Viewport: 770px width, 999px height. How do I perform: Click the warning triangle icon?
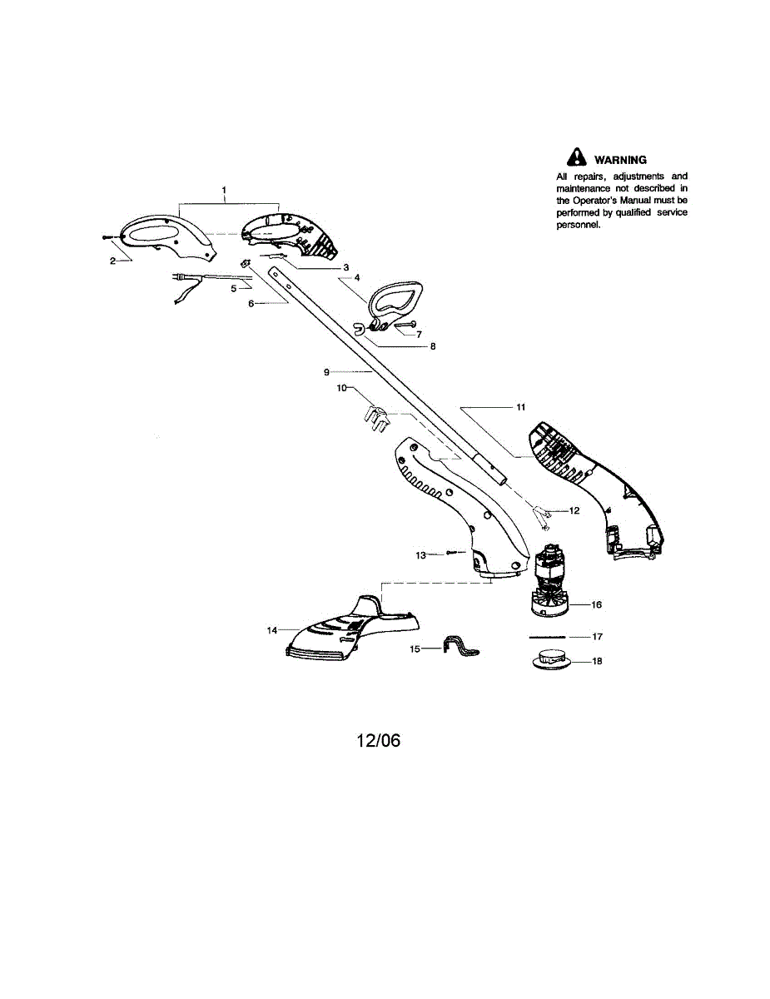(x=575, y=157)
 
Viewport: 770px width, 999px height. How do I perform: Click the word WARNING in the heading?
(x=619, y=160)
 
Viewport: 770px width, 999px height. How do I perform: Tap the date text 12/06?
(x=379, y=740)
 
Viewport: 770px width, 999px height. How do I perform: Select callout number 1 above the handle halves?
(x=224, y=191)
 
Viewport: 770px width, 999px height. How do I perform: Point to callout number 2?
(x=112, y=261)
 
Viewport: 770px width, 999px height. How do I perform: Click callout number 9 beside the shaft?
(x=327, y=370)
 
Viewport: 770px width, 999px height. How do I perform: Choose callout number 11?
(x=520, y=408)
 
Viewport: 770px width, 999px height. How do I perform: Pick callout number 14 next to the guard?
(x=271, y=630)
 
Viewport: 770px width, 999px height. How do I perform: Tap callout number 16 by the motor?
(x=596, y=604)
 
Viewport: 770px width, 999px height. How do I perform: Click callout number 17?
(x=596, y=636)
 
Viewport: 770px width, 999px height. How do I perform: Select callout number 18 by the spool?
(x=596, y=661)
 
